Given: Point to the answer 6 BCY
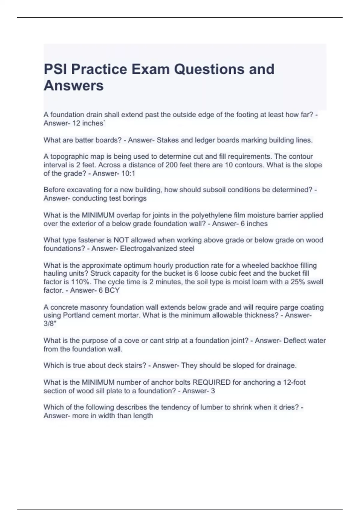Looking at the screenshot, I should click(x=109, y=290).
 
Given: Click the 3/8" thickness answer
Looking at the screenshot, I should click(x=50, y=324).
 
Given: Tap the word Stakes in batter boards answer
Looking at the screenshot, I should click(x=167, y=140).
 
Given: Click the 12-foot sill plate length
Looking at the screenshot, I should click(x=294, y=382).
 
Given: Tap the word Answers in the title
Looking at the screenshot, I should click(x=73, y=85).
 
